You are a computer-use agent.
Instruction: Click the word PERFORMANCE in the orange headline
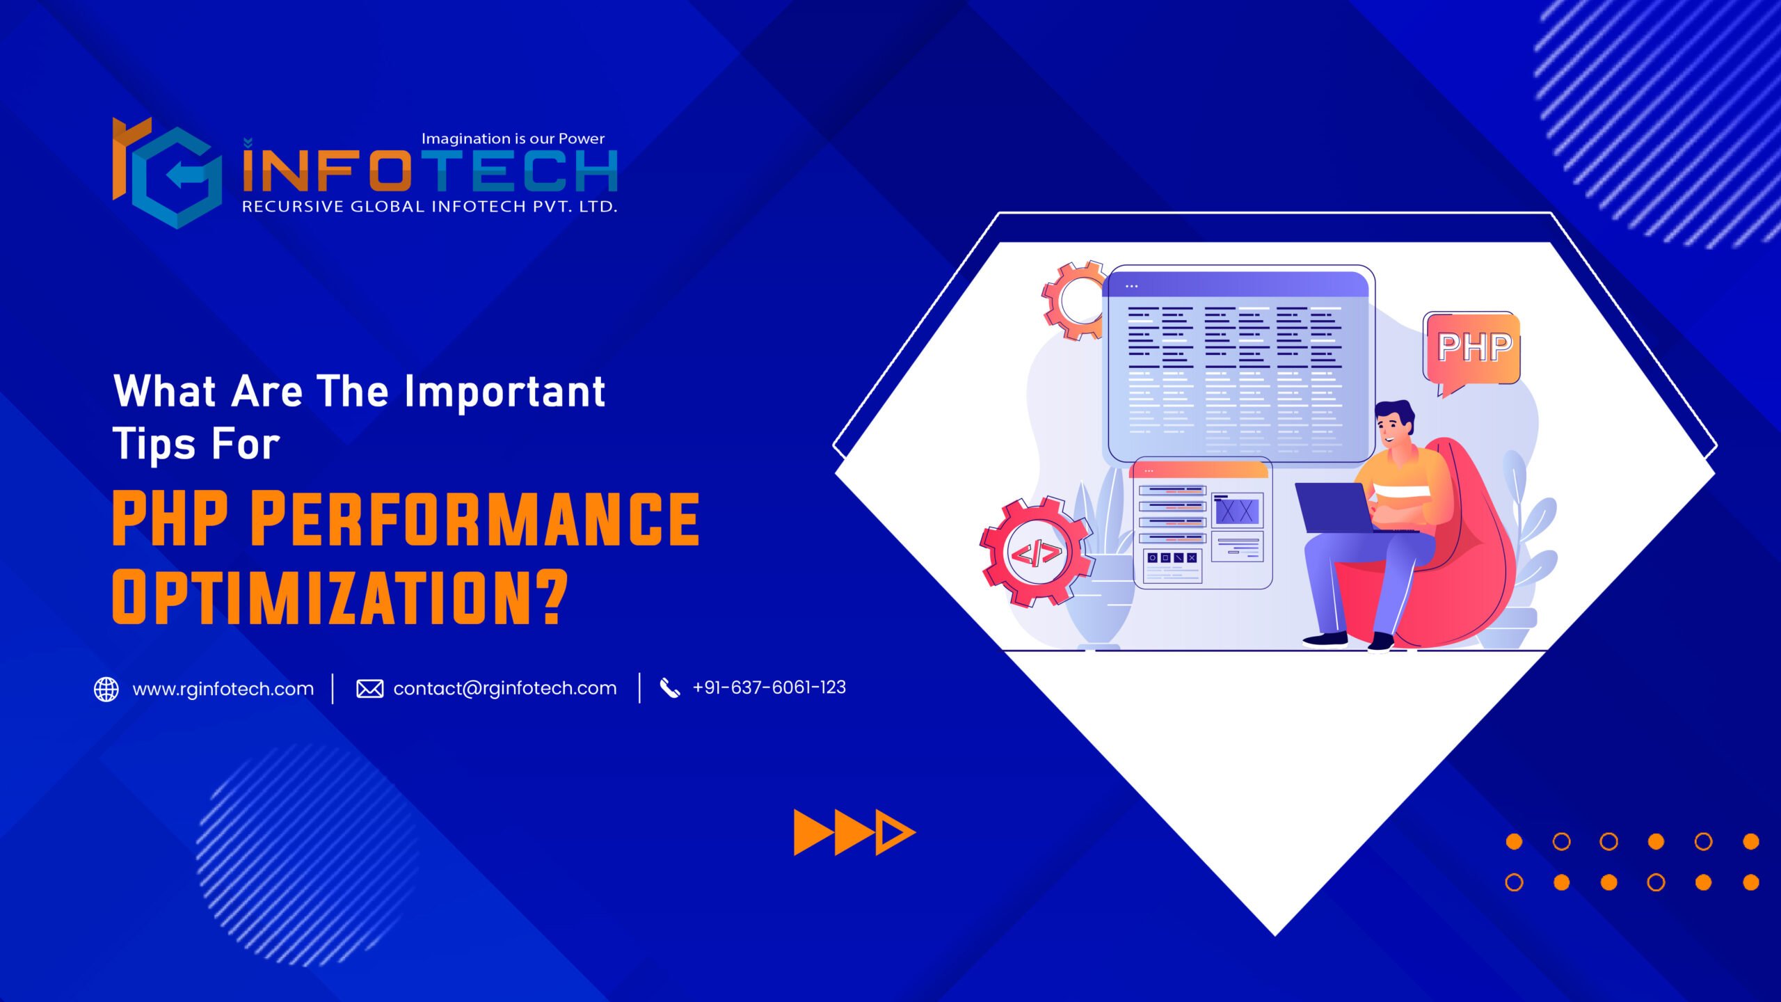(x=475, y=518)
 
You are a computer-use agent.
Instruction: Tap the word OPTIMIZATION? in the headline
(x=340, y=597)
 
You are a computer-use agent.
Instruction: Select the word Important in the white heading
(x=505, y=391)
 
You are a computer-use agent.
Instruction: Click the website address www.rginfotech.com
(x=223, y=689)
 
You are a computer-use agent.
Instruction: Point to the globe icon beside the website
(x=106, y=689)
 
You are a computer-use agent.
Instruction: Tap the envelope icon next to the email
(x=369, y=689)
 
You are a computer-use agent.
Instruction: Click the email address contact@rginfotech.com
(x=505, y=688)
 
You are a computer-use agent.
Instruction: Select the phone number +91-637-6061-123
(x=769, y=687)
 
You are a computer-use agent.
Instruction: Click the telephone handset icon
(x=670, y=688)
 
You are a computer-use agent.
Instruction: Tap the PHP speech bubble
(x=1473, y=351)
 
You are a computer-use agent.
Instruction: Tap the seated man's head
(x=1393, y=424)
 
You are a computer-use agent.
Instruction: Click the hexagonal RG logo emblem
(x=168, y=173)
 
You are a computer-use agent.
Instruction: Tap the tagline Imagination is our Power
(x=513, y=138)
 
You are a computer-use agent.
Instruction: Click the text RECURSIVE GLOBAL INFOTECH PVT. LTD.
(x=430, y=207)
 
